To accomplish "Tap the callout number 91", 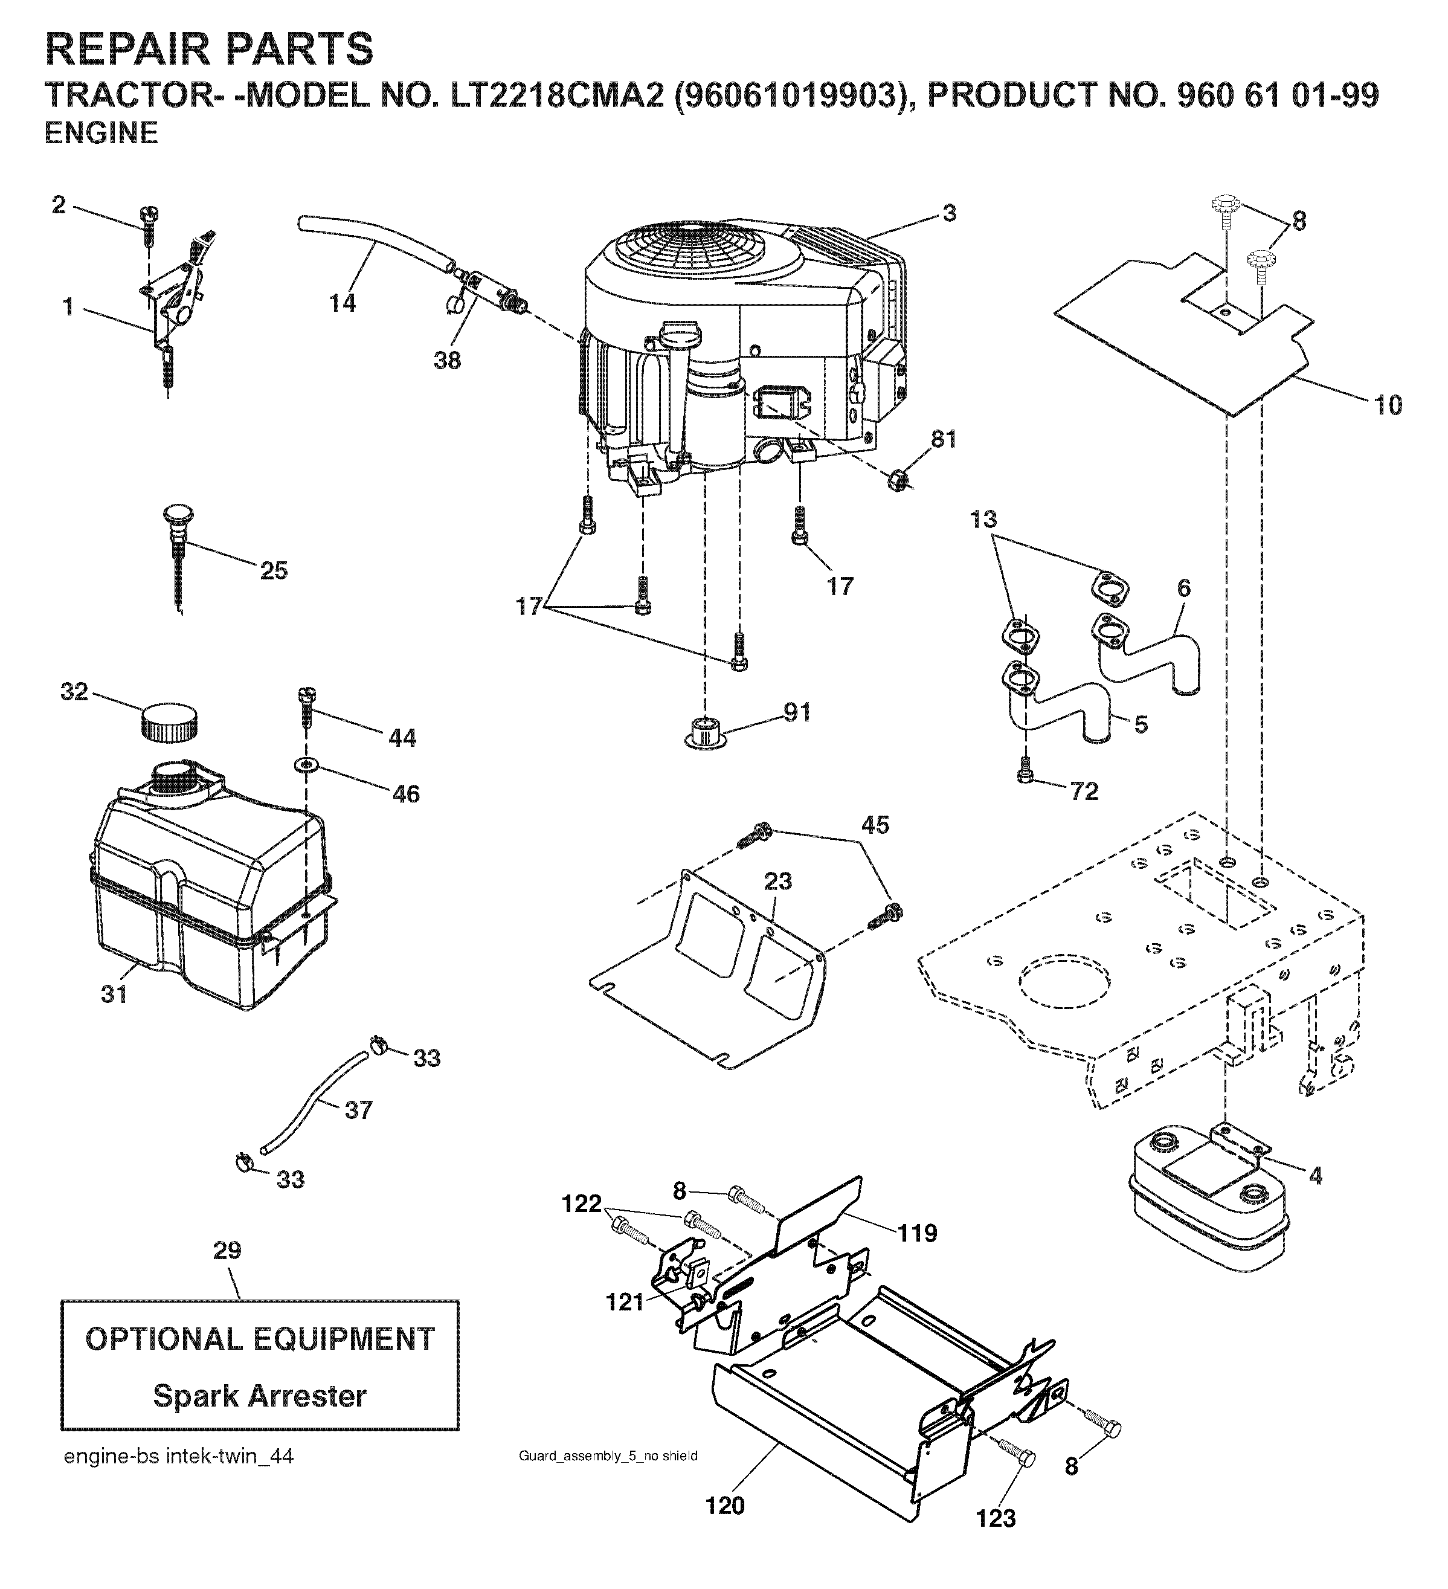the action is click(796, 712).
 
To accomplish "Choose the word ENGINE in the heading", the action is click(101, 133).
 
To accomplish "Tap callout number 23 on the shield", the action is click(777, 882).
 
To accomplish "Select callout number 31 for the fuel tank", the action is click(114, 994).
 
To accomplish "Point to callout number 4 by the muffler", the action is click(1314, 1199).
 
